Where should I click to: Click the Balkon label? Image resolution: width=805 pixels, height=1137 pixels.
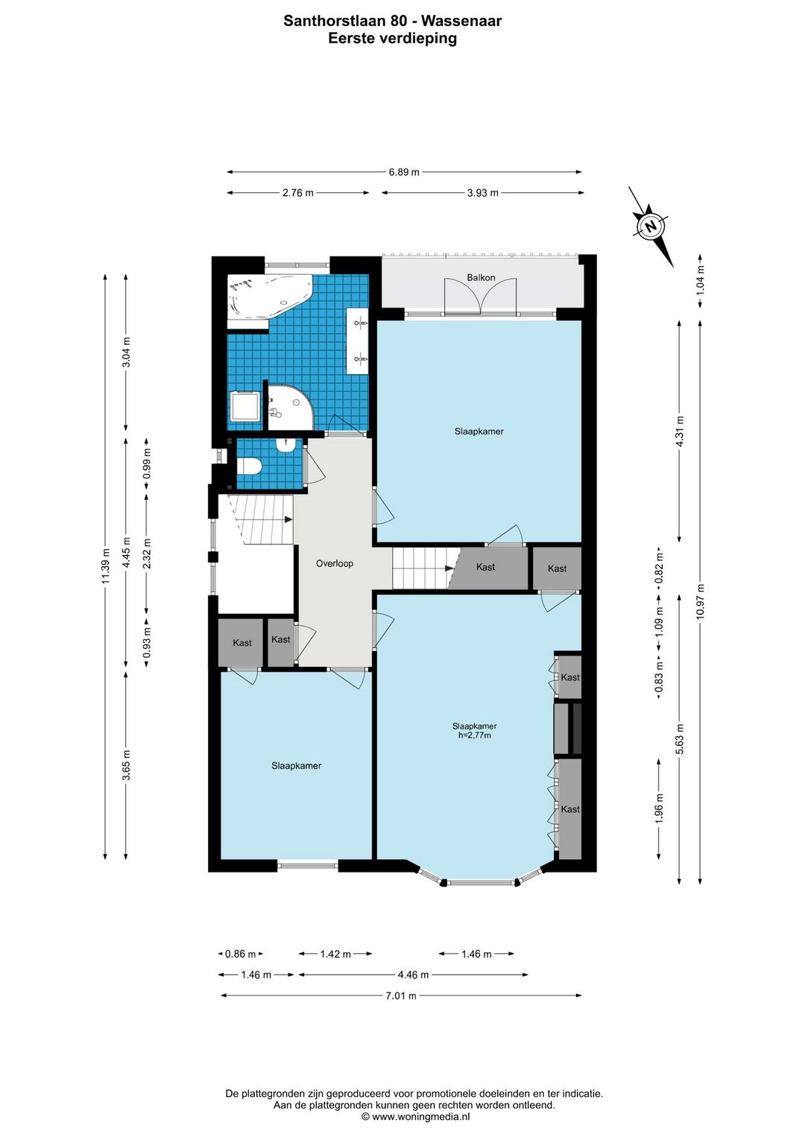pos(481,278)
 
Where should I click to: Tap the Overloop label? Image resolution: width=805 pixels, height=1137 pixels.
pos(334,563)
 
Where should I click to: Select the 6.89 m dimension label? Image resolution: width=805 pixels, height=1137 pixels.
pos(404,172)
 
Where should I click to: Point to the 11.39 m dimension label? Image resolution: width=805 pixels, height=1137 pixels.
pos(105,566)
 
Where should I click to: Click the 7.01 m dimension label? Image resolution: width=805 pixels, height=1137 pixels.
pos(401,996)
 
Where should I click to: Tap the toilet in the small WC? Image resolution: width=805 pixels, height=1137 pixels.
pos(249,466)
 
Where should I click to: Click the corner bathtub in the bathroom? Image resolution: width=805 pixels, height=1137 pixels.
pos(269,298)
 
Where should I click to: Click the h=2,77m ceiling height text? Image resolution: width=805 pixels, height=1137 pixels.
pos(474,735)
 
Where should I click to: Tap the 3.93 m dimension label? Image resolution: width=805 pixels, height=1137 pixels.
pos(483,193)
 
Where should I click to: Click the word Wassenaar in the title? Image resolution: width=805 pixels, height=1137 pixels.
pos(461,21)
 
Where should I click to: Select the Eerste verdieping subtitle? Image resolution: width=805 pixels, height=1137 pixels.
pos(392,39)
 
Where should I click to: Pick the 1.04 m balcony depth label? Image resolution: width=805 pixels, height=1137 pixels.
pos(701,280)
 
